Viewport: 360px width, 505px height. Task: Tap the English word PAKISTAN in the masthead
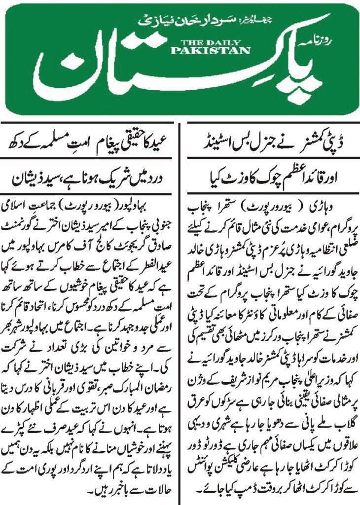pos(211,50)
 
